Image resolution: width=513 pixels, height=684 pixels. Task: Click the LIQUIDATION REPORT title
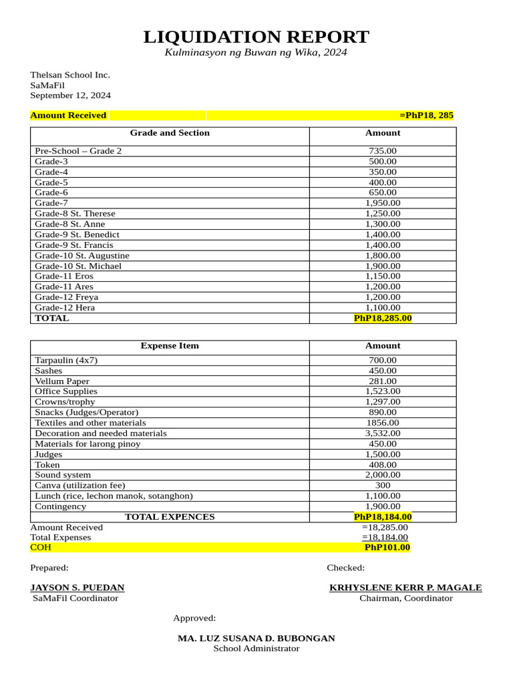256,37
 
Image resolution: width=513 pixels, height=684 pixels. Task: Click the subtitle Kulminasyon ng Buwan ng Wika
256,53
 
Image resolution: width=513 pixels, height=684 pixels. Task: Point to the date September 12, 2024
70,96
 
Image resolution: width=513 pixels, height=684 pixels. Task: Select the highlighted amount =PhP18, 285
426,116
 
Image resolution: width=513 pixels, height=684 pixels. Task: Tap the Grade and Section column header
170,133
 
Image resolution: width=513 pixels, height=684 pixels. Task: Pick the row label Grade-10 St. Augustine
82,255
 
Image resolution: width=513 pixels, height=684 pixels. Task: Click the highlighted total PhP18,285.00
382,318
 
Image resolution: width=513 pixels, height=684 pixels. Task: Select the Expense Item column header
170,346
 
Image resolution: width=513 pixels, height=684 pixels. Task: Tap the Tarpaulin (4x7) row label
66,360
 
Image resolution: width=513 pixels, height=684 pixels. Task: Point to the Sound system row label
63,475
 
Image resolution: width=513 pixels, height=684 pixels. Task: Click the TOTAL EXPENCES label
170,517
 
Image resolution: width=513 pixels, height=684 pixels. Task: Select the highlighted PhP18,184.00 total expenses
382,517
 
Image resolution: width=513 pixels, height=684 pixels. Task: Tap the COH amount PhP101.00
387,548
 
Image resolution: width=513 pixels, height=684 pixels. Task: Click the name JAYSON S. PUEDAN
77,588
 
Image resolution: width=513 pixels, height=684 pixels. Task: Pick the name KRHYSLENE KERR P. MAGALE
405,588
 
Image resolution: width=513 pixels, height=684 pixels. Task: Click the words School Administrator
256,649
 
